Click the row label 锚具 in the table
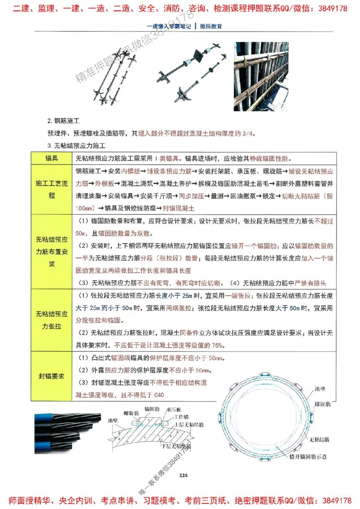51,159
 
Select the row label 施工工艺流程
51,190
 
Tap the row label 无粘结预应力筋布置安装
51,251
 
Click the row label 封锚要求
51,376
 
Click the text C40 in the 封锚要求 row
158,395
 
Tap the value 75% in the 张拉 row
217,345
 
